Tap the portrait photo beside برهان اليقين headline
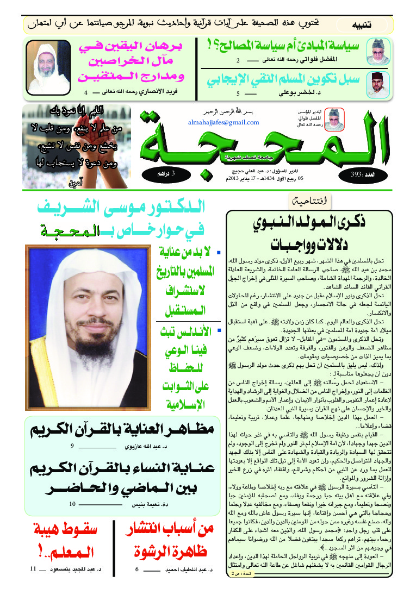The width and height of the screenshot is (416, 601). pyautogui.click(x=49, y=67)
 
